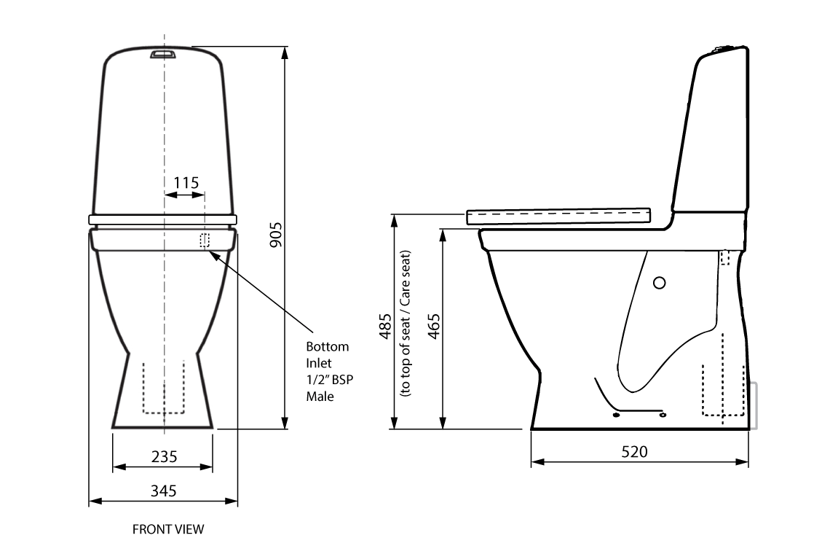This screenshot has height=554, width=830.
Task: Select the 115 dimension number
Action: click(x=186, y=182)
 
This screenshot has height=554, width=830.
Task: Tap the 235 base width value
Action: click(x=164, y=456)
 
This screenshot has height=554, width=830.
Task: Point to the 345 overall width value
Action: click(x=164, y=491)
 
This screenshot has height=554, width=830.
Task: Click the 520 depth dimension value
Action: click(x=634, y=451)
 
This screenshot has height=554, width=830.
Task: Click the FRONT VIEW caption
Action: click(x=168, y=529)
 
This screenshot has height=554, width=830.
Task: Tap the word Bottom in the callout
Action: click(x=327, y=346)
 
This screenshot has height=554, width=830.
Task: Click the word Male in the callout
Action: click(x=320, y=397)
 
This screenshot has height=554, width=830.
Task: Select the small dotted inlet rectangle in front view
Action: click(x=205, y=240)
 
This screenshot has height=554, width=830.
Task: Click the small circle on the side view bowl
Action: click(x=660, y=283)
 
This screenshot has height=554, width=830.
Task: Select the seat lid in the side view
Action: click(x=558, y=215)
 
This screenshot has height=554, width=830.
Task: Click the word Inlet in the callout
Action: click(x=318, y=363)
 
